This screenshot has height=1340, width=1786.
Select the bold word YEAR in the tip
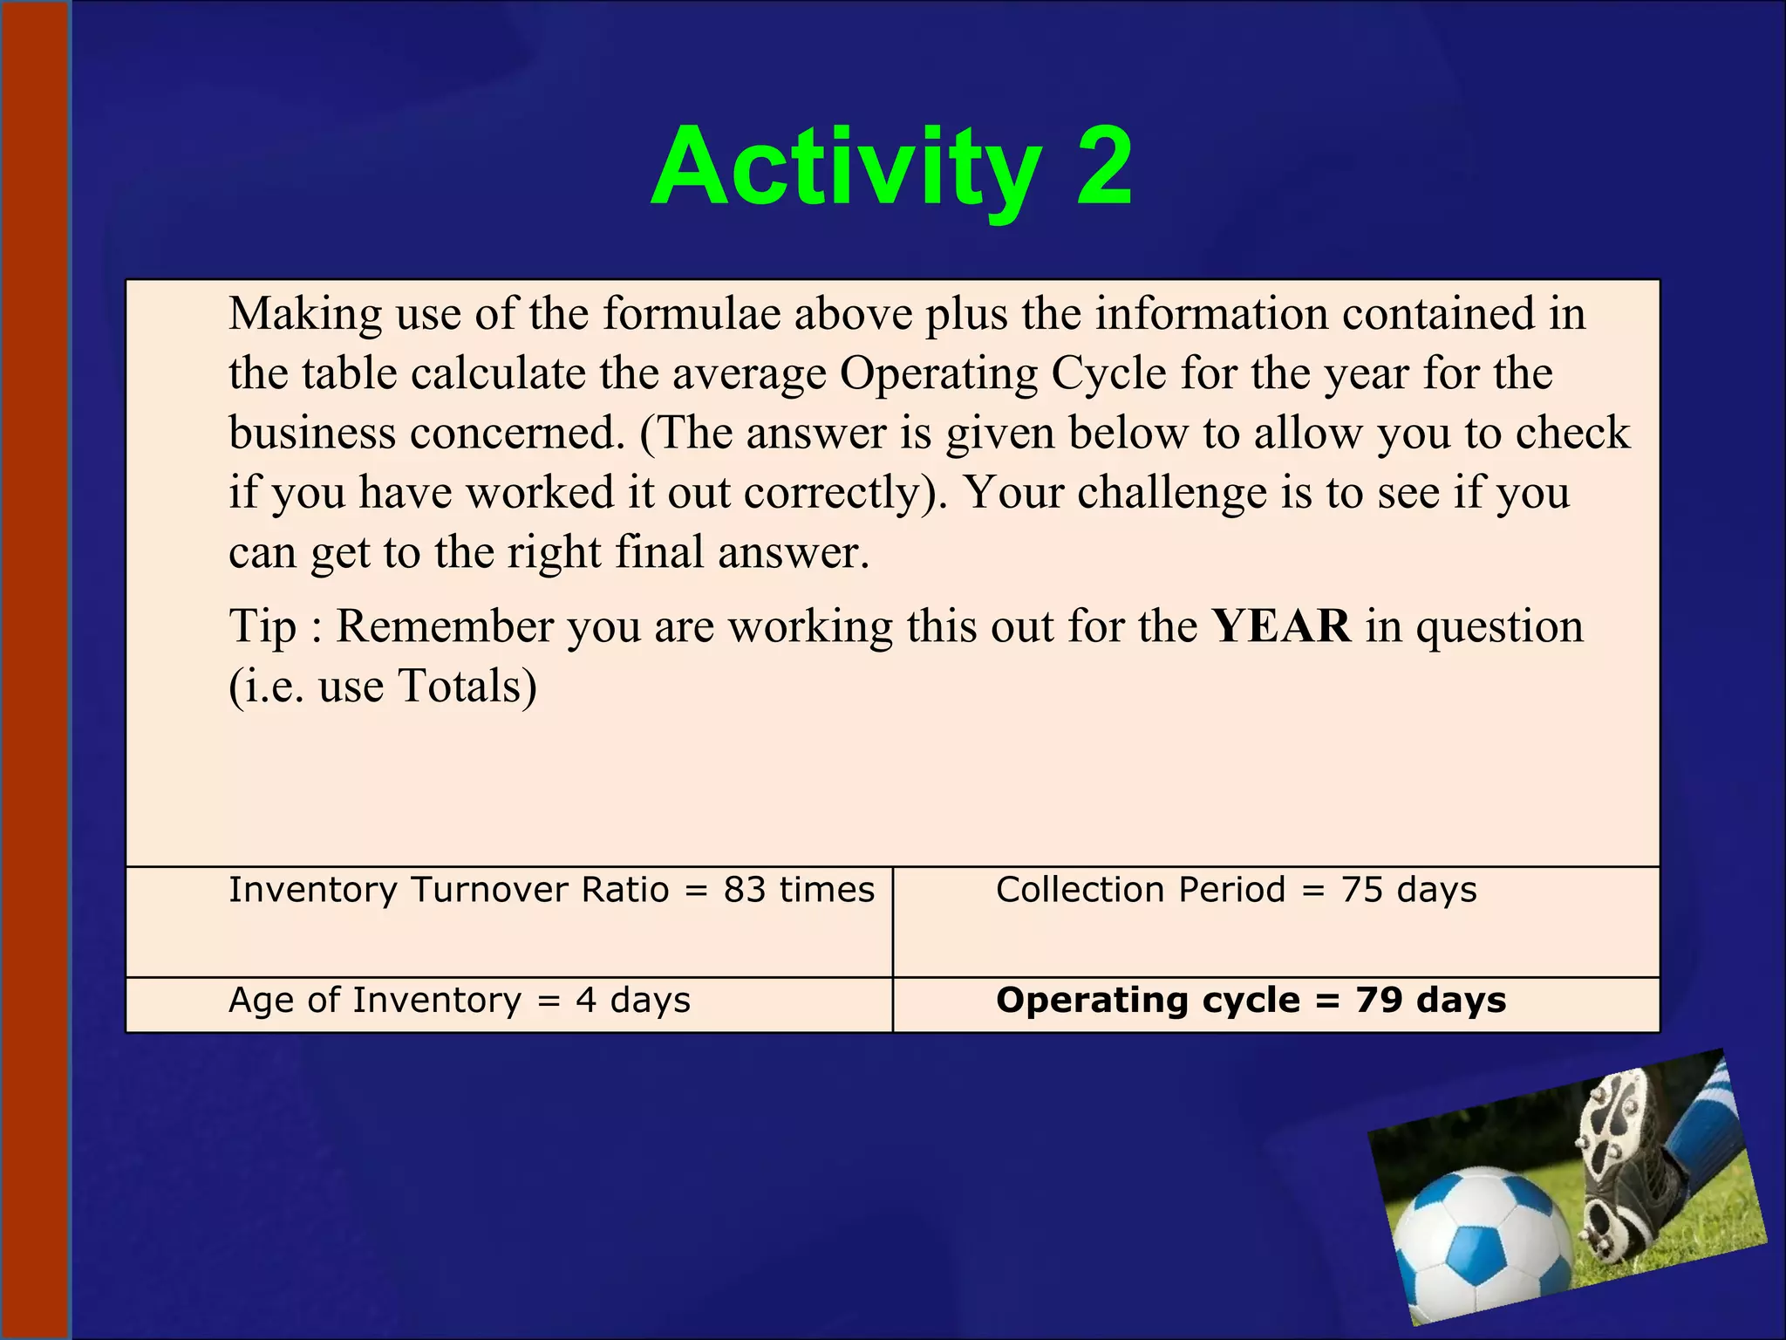pos(1281,626)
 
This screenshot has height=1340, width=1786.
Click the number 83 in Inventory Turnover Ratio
pos(744,890)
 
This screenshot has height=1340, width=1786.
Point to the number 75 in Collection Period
pos(1361,890)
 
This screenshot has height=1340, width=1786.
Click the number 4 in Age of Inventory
pos(586,1001)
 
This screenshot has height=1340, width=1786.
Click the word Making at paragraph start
pos(304,314)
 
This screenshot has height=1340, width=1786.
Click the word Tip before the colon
pos(262,627)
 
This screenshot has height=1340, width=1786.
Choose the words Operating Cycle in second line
pos(1003,374)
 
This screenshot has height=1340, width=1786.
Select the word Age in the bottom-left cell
pos(260,1001)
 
